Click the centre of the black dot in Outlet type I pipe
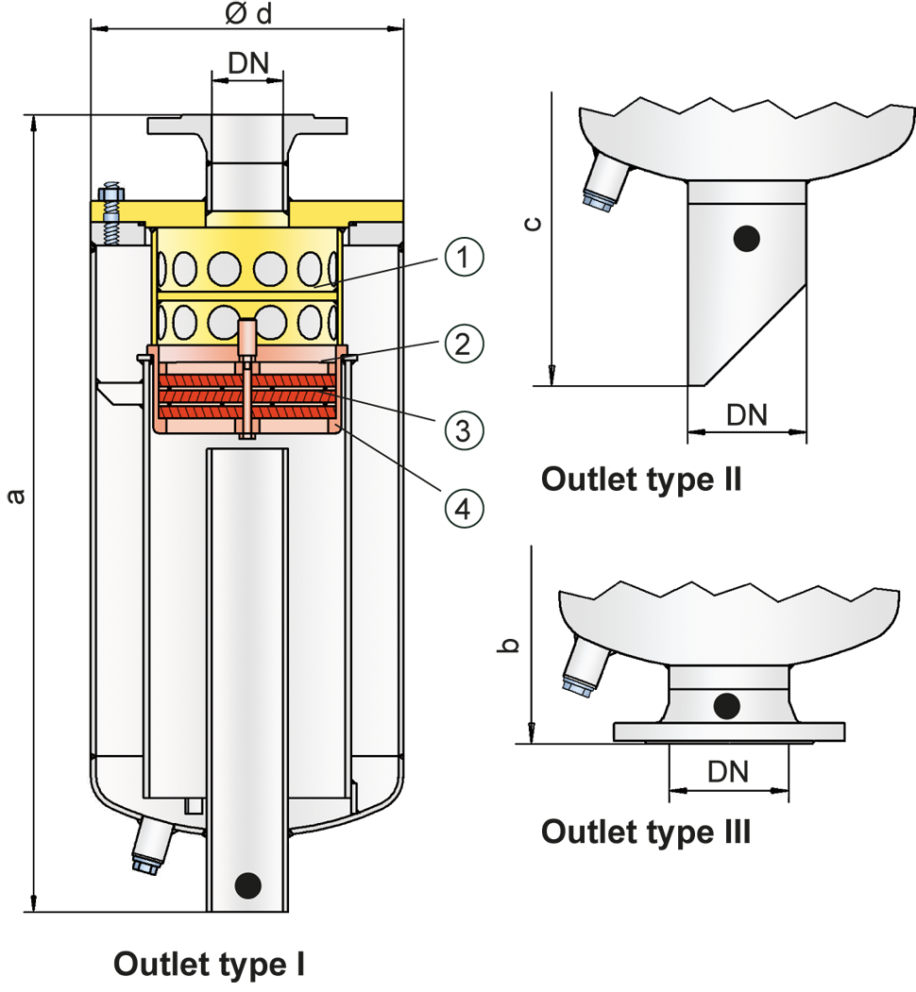pos(247,885)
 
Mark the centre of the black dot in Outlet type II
pos(746,239)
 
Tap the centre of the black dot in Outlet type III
pos(727,706)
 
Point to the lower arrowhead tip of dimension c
pos(552,385)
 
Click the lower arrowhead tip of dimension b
pos(533,743)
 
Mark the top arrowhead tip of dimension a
pos(34,116)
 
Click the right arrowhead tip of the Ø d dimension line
pos(403,28)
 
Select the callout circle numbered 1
pos(464,257)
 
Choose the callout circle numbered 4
pos(464,509)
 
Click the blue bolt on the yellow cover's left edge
pos(110,215)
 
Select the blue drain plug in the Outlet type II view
pos(604,182)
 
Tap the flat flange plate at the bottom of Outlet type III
pos(729,732)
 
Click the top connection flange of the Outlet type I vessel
pos(247,125)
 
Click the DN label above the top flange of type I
pos(248,63)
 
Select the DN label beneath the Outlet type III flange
pos(728,772)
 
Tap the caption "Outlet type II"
pos(641,479)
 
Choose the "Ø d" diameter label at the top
pos(248,14)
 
